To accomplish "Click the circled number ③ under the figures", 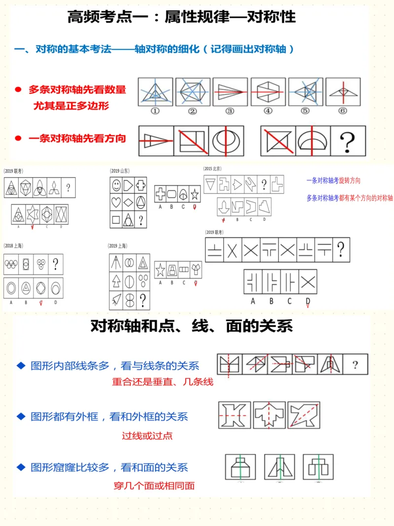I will (230, 111).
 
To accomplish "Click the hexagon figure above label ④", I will (268, 92).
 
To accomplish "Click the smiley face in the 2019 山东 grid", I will (116, 185).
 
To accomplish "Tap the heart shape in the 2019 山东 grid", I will (116, 202).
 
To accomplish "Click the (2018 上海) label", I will (14, 245).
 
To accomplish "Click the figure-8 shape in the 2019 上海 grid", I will (130, 300).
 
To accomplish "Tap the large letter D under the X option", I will (308, 301).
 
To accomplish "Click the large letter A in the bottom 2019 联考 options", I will (253, 301).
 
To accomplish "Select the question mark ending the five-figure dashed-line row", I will (355, 365).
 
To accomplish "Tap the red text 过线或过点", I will (147, 436).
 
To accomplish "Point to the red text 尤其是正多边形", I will (71, 105).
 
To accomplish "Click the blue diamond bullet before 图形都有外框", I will (21, 417).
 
